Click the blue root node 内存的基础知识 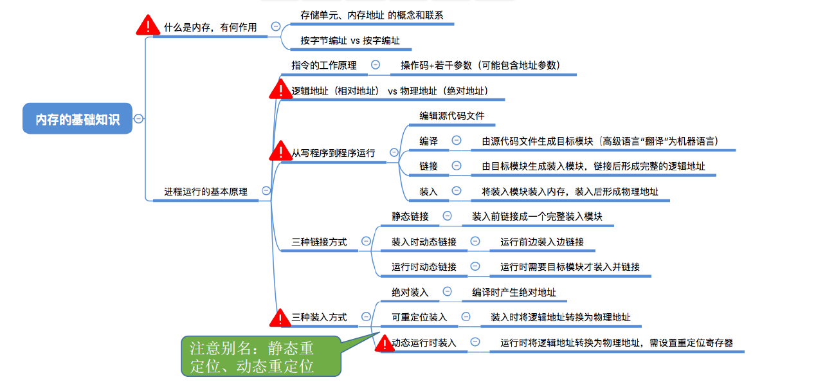77,119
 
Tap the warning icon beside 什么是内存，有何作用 148,26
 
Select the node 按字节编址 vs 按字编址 350,41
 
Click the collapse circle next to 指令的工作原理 376,65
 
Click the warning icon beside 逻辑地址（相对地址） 280,89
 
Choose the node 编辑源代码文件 452,116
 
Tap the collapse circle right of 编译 457,140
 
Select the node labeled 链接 429,166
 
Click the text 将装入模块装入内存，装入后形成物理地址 570,191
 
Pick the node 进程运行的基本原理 206,191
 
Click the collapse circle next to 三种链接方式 366,241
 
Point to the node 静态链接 410,217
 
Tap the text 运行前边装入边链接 542,242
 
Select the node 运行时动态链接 424,267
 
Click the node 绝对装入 410,292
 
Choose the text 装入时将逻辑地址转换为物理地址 561,317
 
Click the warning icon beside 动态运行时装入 384,343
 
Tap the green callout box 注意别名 260,356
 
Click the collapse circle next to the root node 138,118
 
